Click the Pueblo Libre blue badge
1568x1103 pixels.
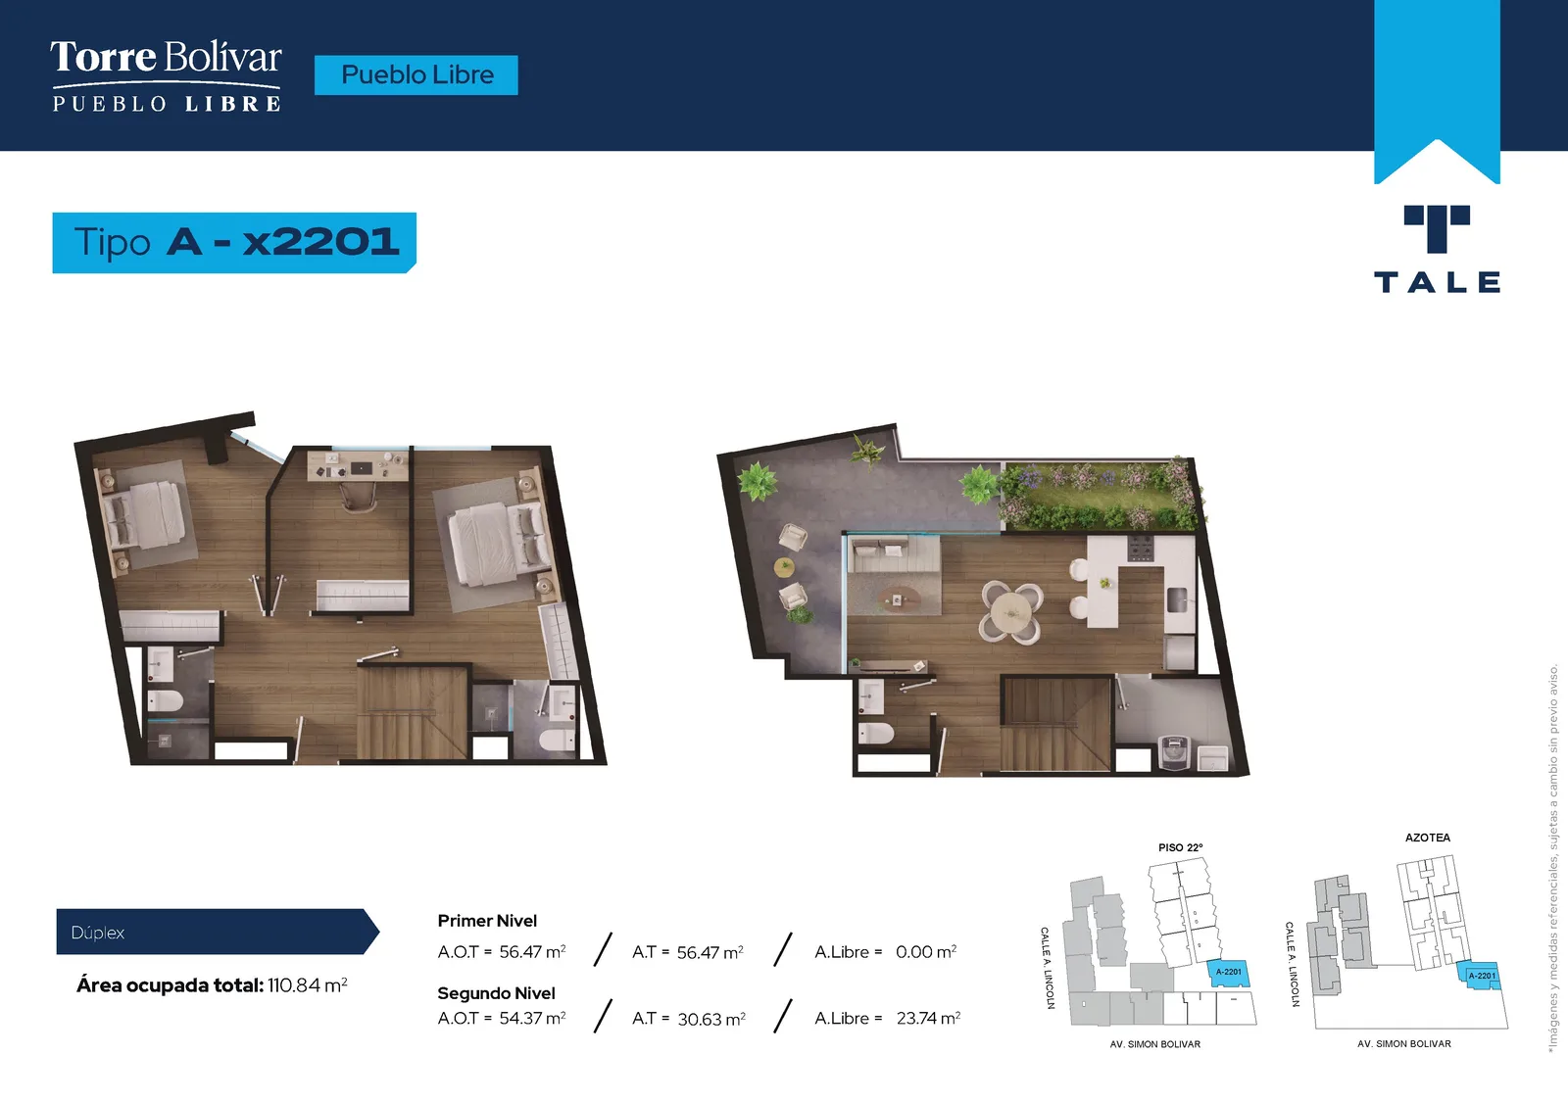click(416, 74)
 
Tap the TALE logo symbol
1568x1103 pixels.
click(1437, 228)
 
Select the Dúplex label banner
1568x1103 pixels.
click(217, 932)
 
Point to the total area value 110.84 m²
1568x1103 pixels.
click(308, 984)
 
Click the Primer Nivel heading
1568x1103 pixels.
click(487, 921)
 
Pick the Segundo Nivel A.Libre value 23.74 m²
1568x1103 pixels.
click(928, 1018)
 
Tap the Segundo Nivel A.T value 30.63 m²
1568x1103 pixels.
click(711, 1019)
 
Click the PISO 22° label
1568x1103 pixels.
click(1180, 847)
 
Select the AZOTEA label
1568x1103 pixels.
click(1427, 838)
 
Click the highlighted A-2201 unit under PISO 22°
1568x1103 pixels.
click(1229, 973)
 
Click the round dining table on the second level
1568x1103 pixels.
click(1010, 611)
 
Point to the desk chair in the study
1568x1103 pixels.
click(360, 495)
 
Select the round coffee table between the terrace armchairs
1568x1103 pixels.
click(783, 567)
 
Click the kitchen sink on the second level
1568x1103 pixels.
click(1176, 600)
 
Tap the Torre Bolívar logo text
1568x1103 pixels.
click(166, 58)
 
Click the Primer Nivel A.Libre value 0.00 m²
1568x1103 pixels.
click(926, 952)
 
